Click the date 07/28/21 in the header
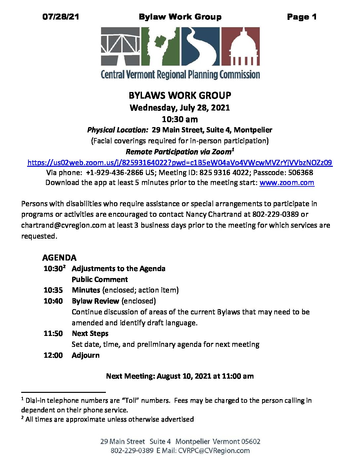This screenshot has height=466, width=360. tap(61, 17)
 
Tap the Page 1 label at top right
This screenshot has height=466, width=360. tap(302, 17)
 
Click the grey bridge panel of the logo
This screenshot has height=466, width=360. tap(120, 46)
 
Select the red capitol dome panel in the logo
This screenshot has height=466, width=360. tap(240, 46)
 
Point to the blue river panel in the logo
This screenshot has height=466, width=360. tap(200, 46)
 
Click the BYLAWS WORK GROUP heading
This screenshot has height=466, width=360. tap(180, 96)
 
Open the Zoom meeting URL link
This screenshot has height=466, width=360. tap(180, 163)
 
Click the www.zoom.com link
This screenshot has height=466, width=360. tap(287, 183)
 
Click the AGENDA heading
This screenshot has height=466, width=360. tap(59, 257)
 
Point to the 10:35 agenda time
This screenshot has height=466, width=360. tap(53, 290)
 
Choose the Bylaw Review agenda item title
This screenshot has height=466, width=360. tap(95, 301)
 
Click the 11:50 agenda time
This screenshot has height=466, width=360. tap(53, 334)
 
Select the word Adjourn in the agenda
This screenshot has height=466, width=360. tap(86, 355)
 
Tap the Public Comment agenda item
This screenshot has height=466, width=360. tap(100, 279)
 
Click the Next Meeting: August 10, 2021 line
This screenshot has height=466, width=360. tap(180, 376)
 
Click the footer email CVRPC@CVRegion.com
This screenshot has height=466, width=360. tap(214, 451)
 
